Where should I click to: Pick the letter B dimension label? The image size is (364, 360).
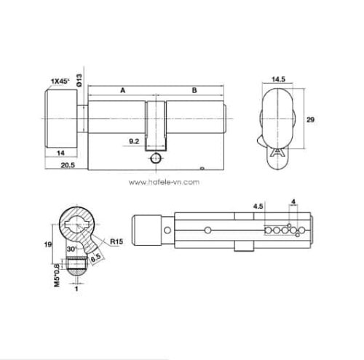tap(194, 90)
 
